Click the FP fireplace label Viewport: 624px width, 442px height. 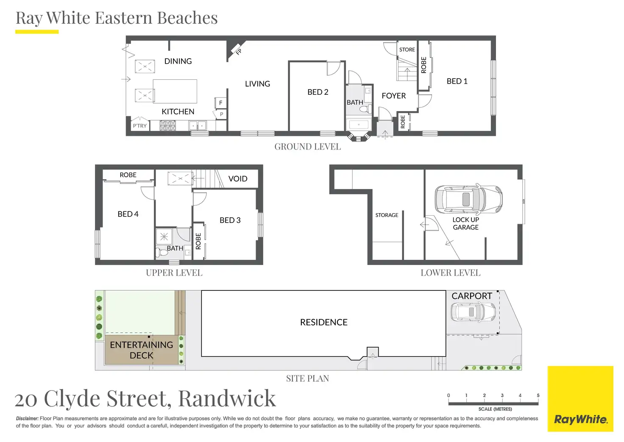[x=239, y=52]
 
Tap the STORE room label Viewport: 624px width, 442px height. [x=407, y=50]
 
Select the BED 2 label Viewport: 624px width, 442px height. [x=318, y=92]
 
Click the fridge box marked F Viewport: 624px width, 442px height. [x=220, y=103]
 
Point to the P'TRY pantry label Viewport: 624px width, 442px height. [x=139, y=126]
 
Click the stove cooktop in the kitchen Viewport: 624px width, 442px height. [x=167, y=126]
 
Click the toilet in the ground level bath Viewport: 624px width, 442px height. [x=366, y=108]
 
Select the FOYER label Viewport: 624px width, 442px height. [x=394, y=96]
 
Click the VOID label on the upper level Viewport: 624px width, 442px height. [x=238, y=179]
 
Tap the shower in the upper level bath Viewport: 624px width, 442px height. [x=164, y=237]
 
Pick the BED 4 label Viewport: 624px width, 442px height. [x=128, y=214]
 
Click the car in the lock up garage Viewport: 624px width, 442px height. [x=468, y=199]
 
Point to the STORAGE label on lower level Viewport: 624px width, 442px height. [x=387, y=215]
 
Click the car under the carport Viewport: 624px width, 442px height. [x=473, y=312]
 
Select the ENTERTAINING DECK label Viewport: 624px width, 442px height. [x=142, y=350]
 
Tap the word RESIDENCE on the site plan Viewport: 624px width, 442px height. [x=324, y=322]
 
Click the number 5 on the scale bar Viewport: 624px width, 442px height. [x=538, y=395]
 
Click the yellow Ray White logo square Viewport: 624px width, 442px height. [x=580, y=399]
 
